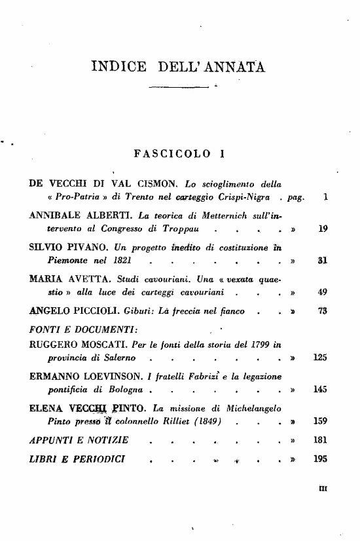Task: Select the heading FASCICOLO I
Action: coord(179,155)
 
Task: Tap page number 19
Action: coord(322,229)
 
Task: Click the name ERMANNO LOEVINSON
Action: coord(84,375)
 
